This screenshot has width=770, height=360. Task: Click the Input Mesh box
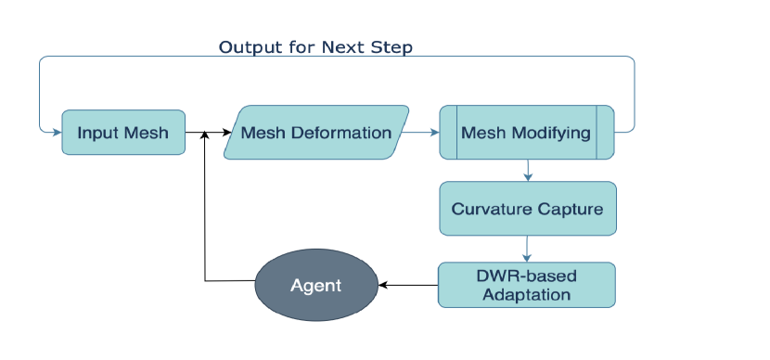click(123, 132)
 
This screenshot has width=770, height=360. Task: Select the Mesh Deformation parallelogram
click(316, 132)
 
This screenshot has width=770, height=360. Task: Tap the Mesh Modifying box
click(526, 132)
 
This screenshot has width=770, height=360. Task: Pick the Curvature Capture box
click(528, 208)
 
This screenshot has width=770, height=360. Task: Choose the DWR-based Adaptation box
click(526, 285)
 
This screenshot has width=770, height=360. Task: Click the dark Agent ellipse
click(316, 285)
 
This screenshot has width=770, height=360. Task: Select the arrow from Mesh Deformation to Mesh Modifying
click(420, 132)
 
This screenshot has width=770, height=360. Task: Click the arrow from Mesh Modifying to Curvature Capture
click(528, 171)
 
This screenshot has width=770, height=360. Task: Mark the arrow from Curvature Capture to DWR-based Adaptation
click(527, 249)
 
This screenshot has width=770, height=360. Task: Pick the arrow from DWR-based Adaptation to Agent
click(408, 285)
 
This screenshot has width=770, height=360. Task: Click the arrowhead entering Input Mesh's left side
click(58, 132)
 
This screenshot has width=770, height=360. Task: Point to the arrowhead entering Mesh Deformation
click(226, 132)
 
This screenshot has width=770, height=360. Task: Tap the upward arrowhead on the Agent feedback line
click(205, 135)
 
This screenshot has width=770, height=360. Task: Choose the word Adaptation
click(526, 295)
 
